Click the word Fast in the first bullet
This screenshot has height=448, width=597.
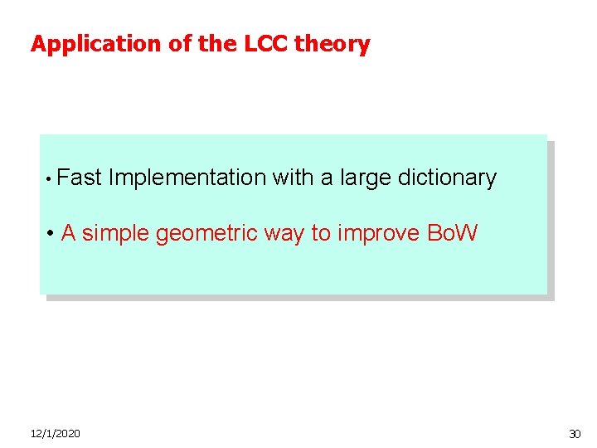tap(80, 178)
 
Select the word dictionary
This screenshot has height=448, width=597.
tap(447, 178)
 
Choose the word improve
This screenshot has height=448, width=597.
tap(378, 233)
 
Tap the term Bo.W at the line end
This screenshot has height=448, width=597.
tap(452, 233)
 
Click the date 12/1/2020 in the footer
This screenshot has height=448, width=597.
tap(55, 434)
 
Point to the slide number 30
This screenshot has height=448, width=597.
tap(575, 434)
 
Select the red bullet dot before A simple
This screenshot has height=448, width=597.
tap(51, 235)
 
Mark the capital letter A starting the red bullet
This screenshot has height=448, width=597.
tap(69, 233)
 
